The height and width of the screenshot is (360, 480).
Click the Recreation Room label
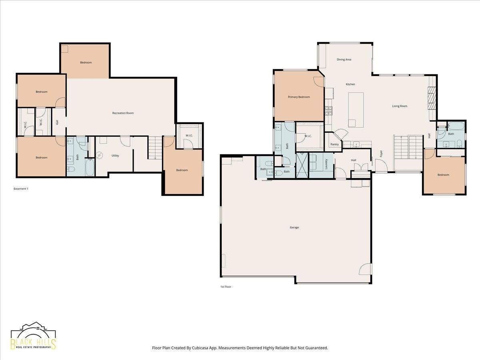[x=123, y=113]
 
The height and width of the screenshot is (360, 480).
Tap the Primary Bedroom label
[x=299, y=97]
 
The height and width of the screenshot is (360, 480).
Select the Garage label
[x=294, y=227]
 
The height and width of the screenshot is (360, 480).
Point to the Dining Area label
[x=344, y=60]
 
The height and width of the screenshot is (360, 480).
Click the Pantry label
[x=334, y=144]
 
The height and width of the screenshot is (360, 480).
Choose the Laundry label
[x=326, y=164]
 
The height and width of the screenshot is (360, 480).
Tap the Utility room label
[x=115, y=156]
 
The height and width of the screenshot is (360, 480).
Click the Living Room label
[x=400, y=106]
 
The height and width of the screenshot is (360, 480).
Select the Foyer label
[x=381, y=154]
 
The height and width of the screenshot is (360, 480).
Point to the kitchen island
[x=356, y=110]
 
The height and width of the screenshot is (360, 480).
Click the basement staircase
[x=155, y=148]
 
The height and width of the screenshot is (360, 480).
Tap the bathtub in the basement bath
[x=90, y=167]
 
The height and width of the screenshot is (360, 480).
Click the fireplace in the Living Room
[x=432, y=98]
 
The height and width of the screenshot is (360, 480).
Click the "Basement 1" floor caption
[x=21, y=189]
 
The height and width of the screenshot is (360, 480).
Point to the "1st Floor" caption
[x=226, y=286]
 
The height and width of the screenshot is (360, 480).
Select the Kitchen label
[x=350, y=84]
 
